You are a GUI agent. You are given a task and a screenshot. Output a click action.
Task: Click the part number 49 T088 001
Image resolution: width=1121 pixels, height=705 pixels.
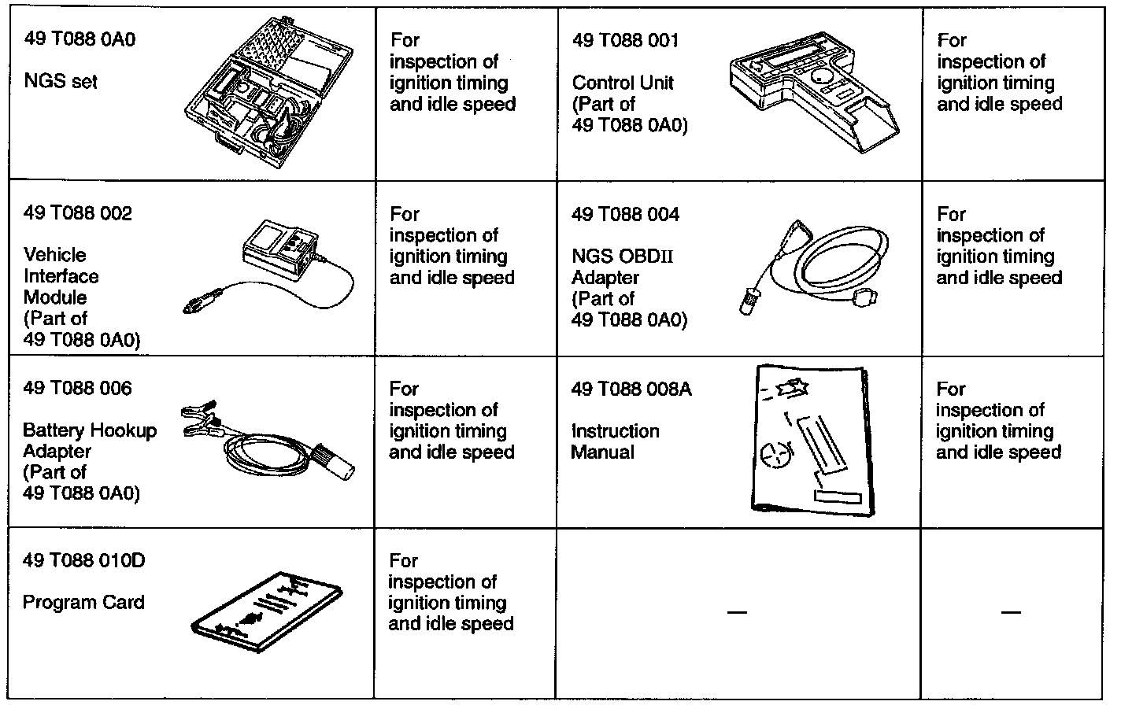click(625, 40)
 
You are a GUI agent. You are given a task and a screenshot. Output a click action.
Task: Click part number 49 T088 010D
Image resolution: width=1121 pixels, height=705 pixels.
click(84, 561)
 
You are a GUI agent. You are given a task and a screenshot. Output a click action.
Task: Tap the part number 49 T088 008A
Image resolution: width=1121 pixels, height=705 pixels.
click(631, 389)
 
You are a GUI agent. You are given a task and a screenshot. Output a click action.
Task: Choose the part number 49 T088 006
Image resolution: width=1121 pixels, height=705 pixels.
click(77, 388)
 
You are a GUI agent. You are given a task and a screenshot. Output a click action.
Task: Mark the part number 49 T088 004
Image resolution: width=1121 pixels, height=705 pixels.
click(625, 214)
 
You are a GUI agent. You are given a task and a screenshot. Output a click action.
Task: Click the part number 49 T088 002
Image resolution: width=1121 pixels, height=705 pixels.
click(77, 213)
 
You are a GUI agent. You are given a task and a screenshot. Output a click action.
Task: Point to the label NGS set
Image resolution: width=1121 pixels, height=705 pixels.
click(61, 81)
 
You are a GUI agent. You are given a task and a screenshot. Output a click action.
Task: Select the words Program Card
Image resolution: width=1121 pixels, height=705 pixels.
click(83, 603)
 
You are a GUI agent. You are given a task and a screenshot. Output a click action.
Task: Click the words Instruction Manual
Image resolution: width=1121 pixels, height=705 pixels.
click(615, 441)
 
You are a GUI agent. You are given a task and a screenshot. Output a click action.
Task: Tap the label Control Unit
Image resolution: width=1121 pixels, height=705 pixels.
click(623, 83)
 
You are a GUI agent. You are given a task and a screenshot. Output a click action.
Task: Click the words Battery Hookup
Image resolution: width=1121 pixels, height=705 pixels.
click(90, 430)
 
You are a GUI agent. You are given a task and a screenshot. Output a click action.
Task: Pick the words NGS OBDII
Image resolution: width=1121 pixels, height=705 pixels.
click(623, 257)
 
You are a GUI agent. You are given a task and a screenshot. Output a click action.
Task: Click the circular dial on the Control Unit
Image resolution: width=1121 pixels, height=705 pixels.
click(823, 78)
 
